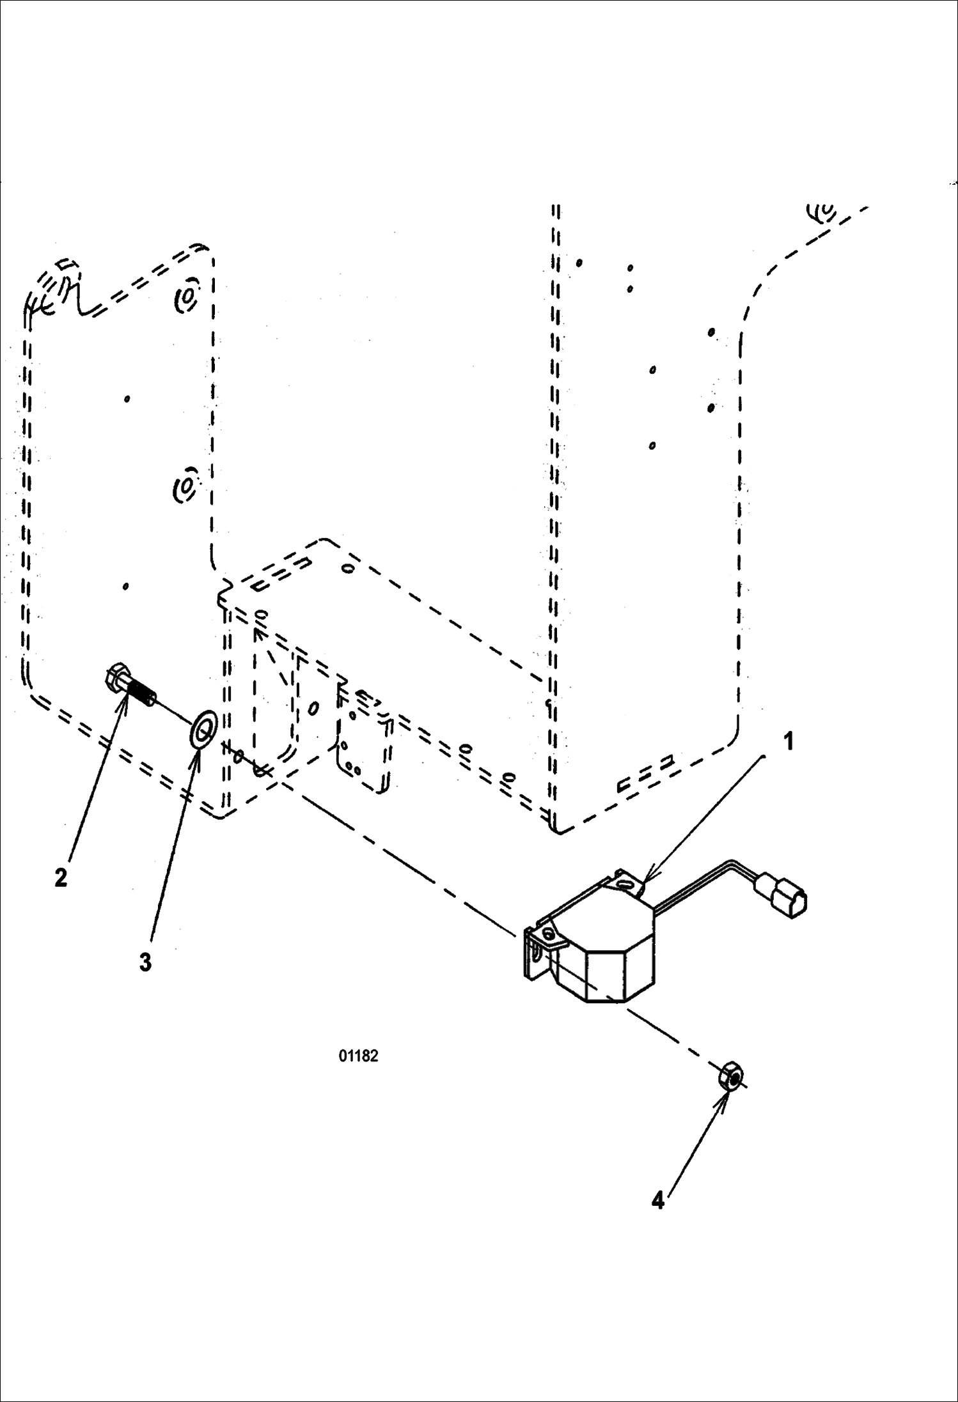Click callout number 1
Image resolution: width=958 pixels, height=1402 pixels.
pyautogui.click(x=789, y=741)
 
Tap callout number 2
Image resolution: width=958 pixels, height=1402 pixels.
pyautogui.click(x=61, y=877)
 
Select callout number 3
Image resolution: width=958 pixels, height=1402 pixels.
pyautogui.click(x=146, y=962)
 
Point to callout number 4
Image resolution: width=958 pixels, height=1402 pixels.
pyautogui.click(x=658, y=1201)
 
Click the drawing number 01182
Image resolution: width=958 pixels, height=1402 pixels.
pyautogui.click(x=358, y=1056)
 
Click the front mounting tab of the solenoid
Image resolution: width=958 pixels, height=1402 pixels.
pyautogui.click(x=551, y=937)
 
